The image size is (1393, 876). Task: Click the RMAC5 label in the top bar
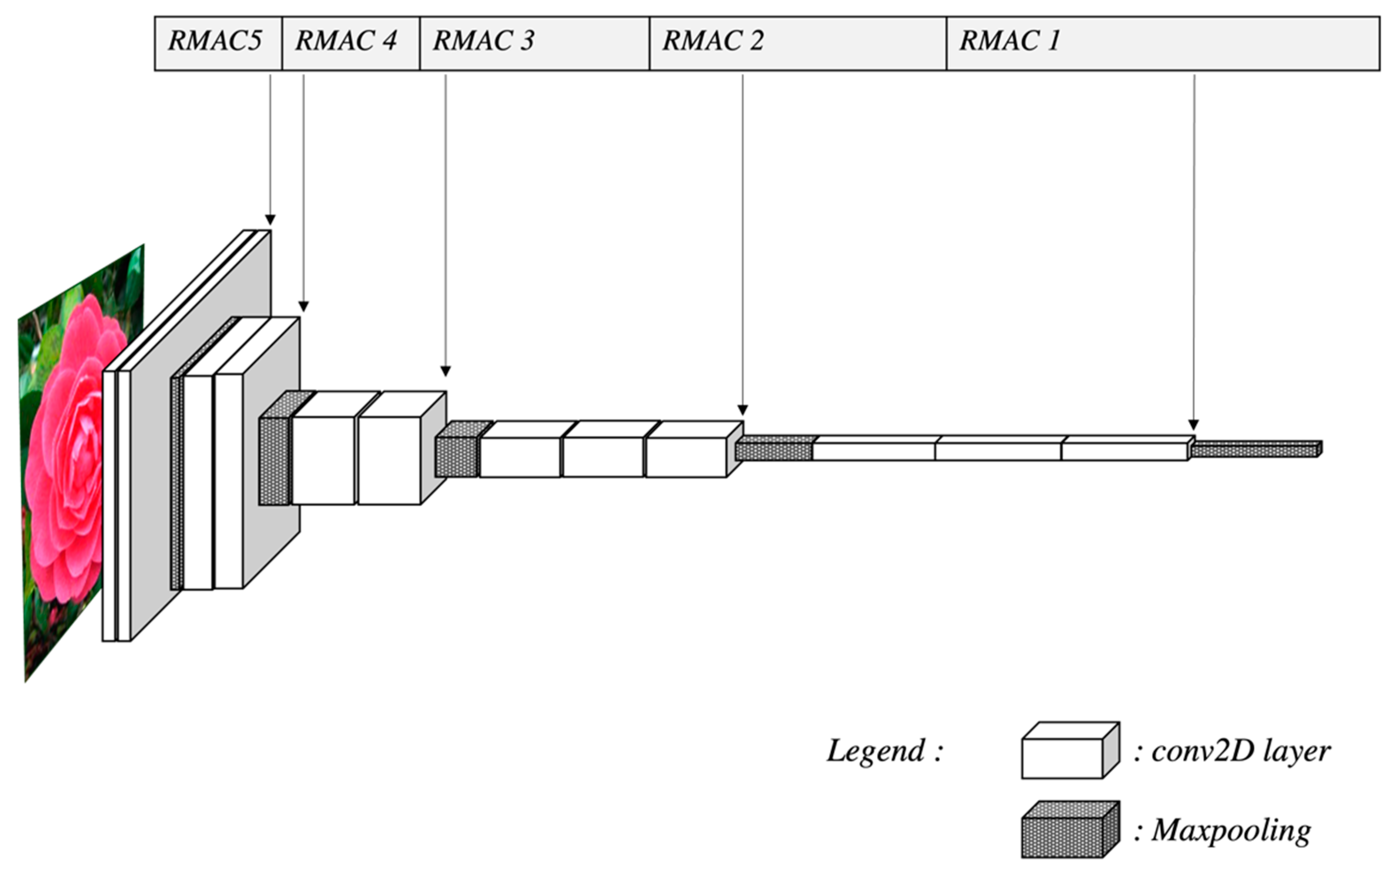pos(214,41)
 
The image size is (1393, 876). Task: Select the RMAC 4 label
pos(346,41)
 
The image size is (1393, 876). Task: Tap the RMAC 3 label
pos(484,41)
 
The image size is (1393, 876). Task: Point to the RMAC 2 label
pos(713,41)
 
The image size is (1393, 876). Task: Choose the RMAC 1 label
pos(1009,41)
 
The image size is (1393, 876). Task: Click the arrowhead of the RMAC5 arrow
pos(270,220)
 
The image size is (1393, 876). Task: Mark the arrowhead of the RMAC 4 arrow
pos(303,306)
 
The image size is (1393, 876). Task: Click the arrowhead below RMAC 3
pos(446,371)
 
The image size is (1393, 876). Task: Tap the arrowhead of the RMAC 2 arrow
pos(743,410)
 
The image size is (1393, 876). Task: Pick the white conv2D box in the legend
pos(1062,758)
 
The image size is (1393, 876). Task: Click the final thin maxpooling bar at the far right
pos(1256,449)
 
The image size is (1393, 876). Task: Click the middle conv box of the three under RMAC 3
pos(603,457)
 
